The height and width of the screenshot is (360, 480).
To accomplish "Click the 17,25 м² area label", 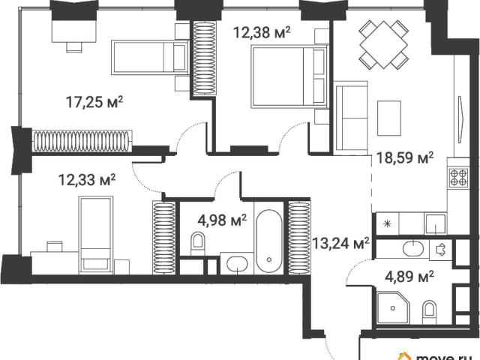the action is pyautogui.click(x=94, y=102).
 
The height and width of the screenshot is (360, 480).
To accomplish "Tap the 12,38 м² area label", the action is pyautogui.click(x=262, y=32).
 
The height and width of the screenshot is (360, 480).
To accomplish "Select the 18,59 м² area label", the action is pyautogui.click(x=405, y=158).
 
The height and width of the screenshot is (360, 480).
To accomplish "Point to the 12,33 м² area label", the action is pyautogui.click(x=87, y=180).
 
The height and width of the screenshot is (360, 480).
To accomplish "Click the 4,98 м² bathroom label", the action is pyautogui.click(x=222, y=220).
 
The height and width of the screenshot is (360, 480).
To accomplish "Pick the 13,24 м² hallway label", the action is pyautogui.click(x=340, y=244).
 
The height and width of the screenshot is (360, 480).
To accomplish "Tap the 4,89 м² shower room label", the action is pyautogui.click(x=409, y=277).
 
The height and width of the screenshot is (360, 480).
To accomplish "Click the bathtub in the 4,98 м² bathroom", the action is pyautogui.click(x=268, y=241).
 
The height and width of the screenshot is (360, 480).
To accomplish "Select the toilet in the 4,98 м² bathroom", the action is pyautogui.click(x=197, y=243).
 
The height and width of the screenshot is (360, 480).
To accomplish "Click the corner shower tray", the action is pyautogui.click(x=393, y=308).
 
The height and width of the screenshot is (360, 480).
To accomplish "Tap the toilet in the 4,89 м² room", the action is pyautogui.click(x=429, y=312).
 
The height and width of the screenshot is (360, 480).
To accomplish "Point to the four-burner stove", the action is pyautogui.click(x=458, y=178).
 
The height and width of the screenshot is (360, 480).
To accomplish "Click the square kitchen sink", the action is pyautogui.click(x=435, y=223).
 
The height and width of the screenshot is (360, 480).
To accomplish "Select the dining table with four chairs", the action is pyautogui.click(x=383, y=45).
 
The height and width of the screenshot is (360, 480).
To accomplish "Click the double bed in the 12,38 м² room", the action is pyautogui.click(x=289, y=76).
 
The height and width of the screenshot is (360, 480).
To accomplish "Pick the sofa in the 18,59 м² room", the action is pyautogui.click(x=352, y=118).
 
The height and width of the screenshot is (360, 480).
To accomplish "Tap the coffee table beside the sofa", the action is pyautogui.click(x=389, y=118).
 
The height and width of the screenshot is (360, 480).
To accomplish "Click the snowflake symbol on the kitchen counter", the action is pyautogui.click(x=387, y=224).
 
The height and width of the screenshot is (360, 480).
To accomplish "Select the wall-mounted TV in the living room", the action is pyautogui.click(x=461, y=119).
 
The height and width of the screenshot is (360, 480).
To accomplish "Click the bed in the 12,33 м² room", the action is pyautogui.click(x=95, y=235).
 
